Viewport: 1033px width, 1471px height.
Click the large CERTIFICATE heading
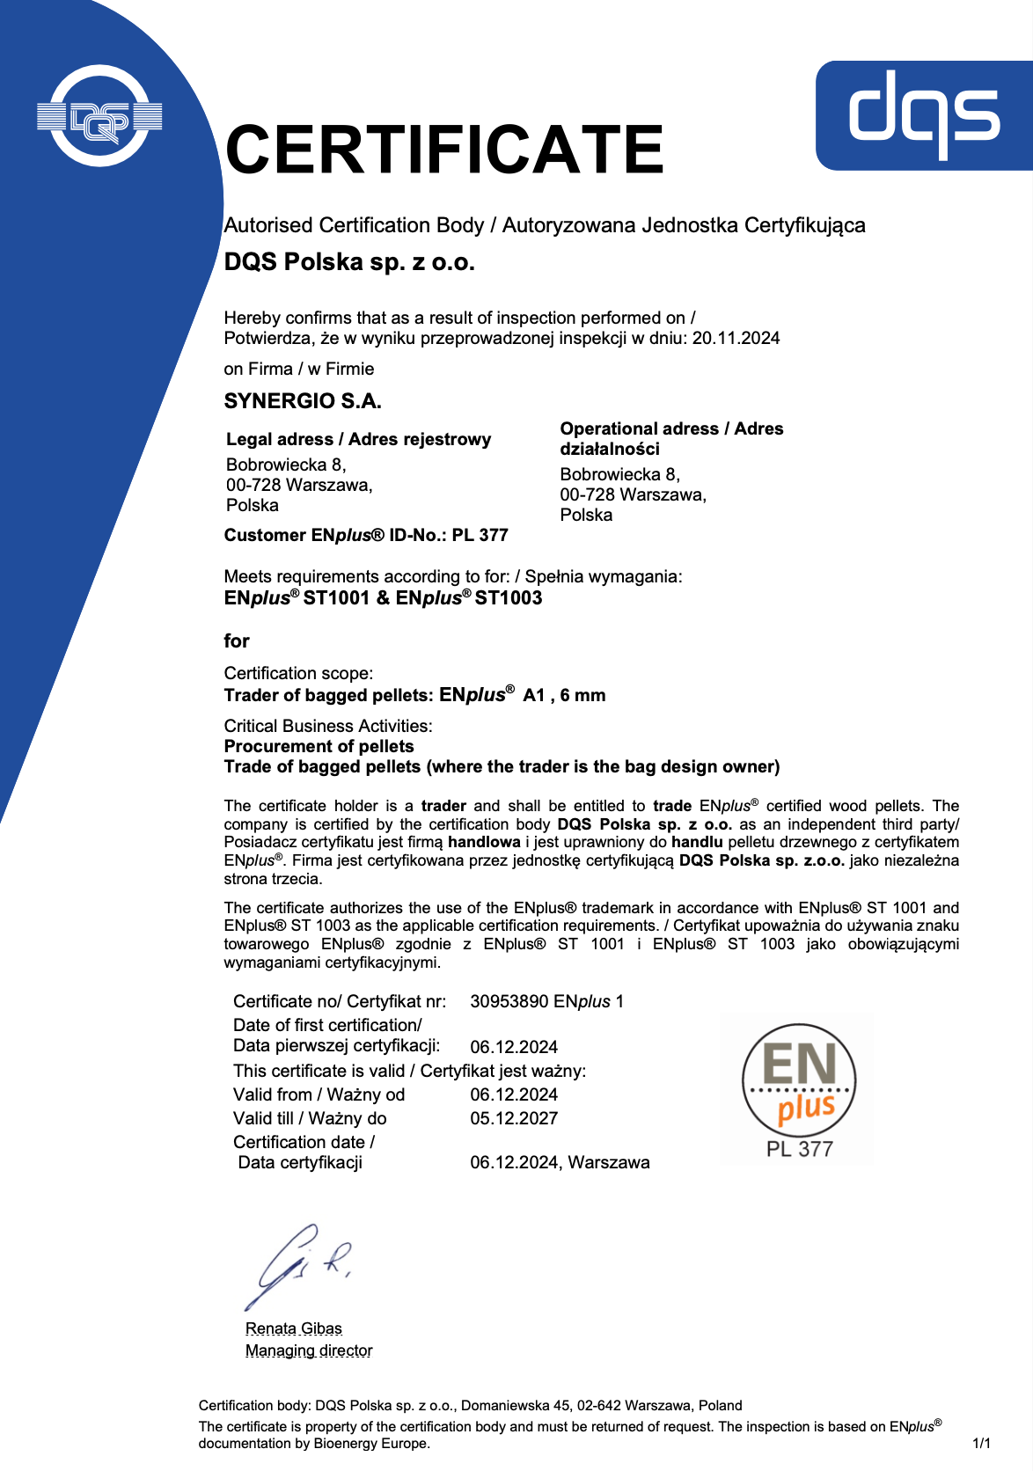(444, 150)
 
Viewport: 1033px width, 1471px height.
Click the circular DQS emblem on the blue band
(99, 116)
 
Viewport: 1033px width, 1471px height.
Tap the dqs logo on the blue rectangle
(924, 114)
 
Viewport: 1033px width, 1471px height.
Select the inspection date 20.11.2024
(736, 339)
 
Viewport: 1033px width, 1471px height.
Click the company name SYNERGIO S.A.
(303, 402)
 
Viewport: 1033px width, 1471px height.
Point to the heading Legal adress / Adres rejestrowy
(358, 440)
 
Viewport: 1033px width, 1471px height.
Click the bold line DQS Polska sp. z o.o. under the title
(349, 262)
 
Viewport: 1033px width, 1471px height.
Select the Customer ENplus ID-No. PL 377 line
(366, 536)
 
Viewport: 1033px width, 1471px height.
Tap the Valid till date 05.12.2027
(514, 1119)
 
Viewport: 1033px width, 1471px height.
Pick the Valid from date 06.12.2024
(514, 1095)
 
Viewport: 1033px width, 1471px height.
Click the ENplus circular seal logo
(798, 1079)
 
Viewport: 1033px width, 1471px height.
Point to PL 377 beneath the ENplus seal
(799, 1150)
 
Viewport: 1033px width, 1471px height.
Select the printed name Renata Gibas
(294, 1328)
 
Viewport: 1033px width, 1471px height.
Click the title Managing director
(309, 1350)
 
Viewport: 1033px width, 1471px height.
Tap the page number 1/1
(981, 1444)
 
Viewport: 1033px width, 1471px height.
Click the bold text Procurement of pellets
(319, 747)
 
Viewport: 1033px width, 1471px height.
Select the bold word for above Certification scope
(237, 641)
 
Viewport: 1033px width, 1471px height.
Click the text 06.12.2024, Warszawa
(560, 1163)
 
